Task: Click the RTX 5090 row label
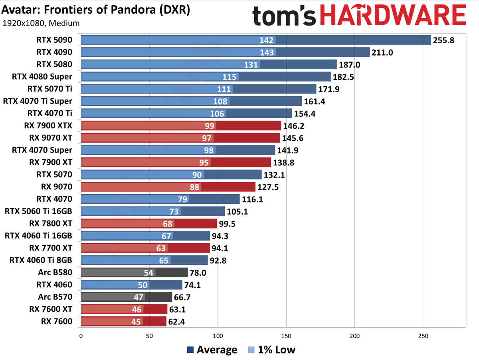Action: tap(54, 40)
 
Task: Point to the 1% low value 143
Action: tap(267, 52)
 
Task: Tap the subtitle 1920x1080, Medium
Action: tap(41, 23)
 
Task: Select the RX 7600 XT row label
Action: tap(51, 309)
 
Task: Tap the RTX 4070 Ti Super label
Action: tap(38, 101)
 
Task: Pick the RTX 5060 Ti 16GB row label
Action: tap(38, 211)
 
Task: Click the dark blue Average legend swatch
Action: tap(190, 350)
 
